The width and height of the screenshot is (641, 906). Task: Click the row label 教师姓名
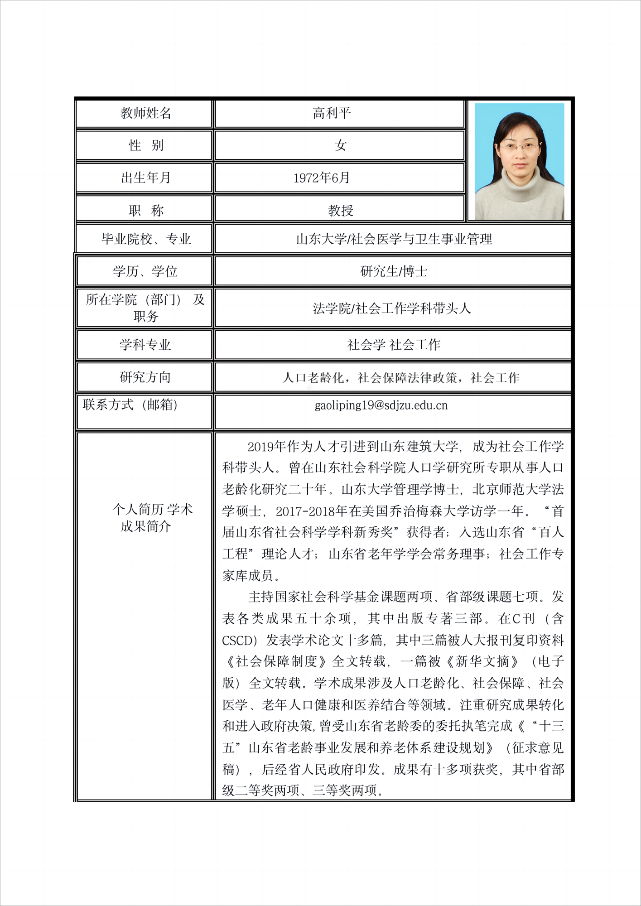click(145, 113)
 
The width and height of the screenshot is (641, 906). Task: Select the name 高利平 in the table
click(332, 113)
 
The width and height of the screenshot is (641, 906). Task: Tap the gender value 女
click(340, 145)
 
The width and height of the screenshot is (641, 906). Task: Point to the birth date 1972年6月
click(322, 178)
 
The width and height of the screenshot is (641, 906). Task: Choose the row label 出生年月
click(145, 178)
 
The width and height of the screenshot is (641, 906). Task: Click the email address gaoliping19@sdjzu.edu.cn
click(381, 405)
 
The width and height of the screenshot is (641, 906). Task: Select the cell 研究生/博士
click(393, 271)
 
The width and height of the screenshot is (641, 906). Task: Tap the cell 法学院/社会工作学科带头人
click(392, 308)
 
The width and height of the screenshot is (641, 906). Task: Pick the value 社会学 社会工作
click(393, 345)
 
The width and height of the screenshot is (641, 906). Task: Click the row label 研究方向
click(145, 377)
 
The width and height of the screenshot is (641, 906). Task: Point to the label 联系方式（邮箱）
click(130, 405)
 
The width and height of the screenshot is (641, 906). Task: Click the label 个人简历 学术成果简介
click(152, 518)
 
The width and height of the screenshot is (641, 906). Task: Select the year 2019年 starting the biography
click(267, 447)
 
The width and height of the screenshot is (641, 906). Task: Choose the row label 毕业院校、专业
click(145, 239)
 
